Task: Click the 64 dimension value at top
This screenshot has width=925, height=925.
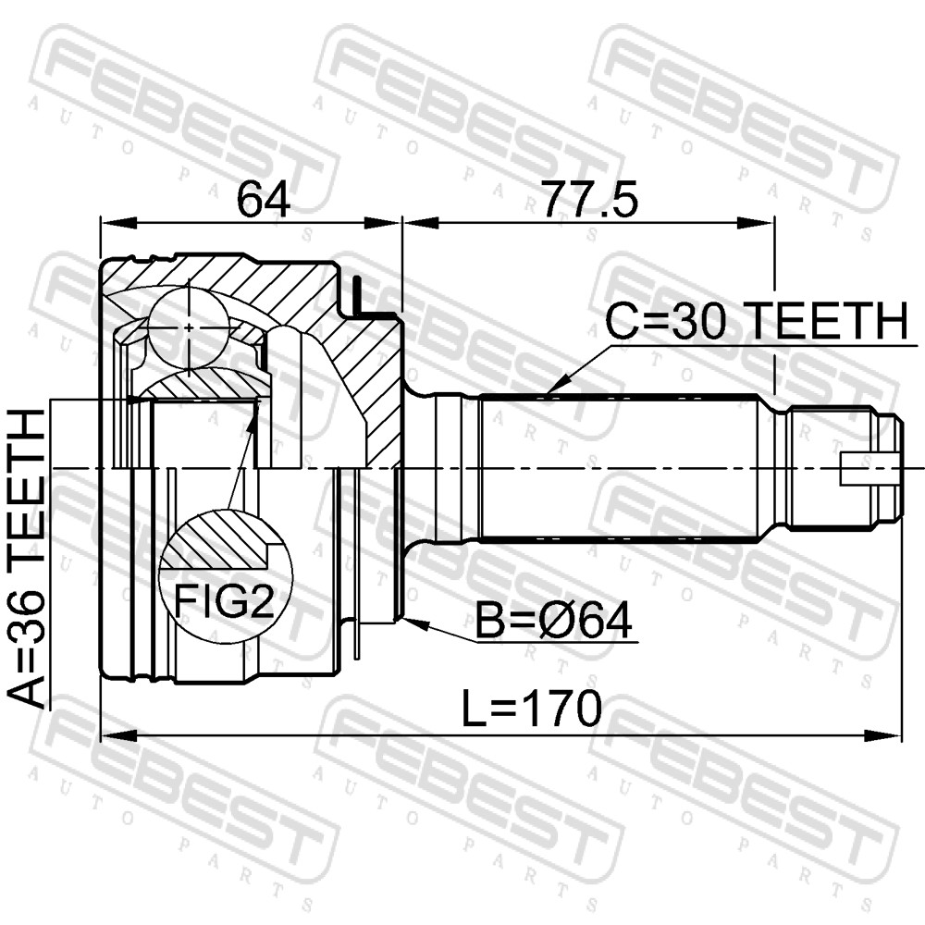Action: [263, 200]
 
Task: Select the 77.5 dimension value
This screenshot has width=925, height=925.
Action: [589, 200]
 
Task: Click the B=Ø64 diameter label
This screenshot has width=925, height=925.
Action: [554, 621]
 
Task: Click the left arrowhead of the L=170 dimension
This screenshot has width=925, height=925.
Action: [118, 735]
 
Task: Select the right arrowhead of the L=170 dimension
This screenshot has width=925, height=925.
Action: [884, 735]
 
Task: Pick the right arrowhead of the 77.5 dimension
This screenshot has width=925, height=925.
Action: [756, 224]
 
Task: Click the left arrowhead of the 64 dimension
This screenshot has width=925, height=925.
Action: [118, 224]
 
